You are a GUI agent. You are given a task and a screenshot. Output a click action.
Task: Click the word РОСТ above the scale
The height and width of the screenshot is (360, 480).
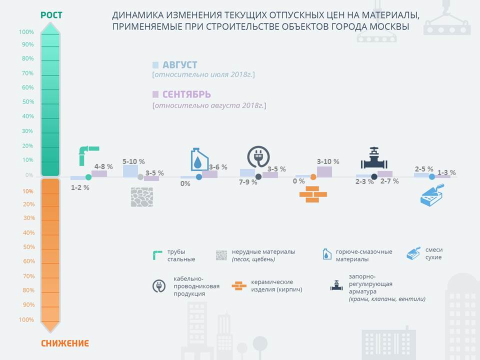pos(51,15)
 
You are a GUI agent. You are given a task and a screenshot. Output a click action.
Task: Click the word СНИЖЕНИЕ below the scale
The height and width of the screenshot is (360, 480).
pos(65,343)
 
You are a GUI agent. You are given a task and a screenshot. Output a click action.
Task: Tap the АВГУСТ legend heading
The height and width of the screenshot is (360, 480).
pos(179,65)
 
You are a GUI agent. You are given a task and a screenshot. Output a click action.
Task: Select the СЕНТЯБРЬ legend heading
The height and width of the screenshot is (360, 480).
pos(186,94)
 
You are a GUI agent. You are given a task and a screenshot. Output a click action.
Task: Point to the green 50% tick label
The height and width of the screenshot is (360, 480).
pos(28,101)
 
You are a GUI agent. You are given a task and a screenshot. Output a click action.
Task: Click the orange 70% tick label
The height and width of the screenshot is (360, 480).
pos(29,276)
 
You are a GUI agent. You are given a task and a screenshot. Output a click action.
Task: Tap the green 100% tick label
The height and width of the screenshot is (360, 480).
pos(26,32)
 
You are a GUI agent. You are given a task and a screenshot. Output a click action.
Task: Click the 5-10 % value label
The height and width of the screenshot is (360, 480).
pos(133,161)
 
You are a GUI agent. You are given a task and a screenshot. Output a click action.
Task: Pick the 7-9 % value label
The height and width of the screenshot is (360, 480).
pos(248,182)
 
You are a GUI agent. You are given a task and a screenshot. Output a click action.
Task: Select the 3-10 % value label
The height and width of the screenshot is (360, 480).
pos(328,161)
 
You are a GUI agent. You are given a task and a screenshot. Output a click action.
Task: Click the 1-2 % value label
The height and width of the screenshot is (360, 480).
pos(80,187)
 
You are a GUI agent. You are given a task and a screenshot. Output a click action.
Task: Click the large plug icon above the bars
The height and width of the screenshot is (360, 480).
pos(258,156)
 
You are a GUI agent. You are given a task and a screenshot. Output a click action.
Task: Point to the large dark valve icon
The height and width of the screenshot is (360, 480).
pos(374,158)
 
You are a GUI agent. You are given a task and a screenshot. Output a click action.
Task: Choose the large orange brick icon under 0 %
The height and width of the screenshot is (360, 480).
pos(313,194)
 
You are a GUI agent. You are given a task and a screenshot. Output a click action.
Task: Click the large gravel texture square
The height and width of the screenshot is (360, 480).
pos(142,197)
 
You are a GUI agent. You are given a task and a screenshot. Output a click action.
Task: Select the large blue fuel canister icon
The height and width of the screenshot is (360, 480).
pos(199,159)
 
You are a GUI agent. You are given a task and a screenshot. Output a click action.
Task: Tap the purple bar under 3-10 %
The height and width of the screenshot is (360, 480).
pos(324,171)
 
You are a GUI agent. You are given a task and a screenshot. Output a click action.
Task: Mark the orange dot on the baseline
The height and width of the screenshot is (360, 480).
pos(313,177)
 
